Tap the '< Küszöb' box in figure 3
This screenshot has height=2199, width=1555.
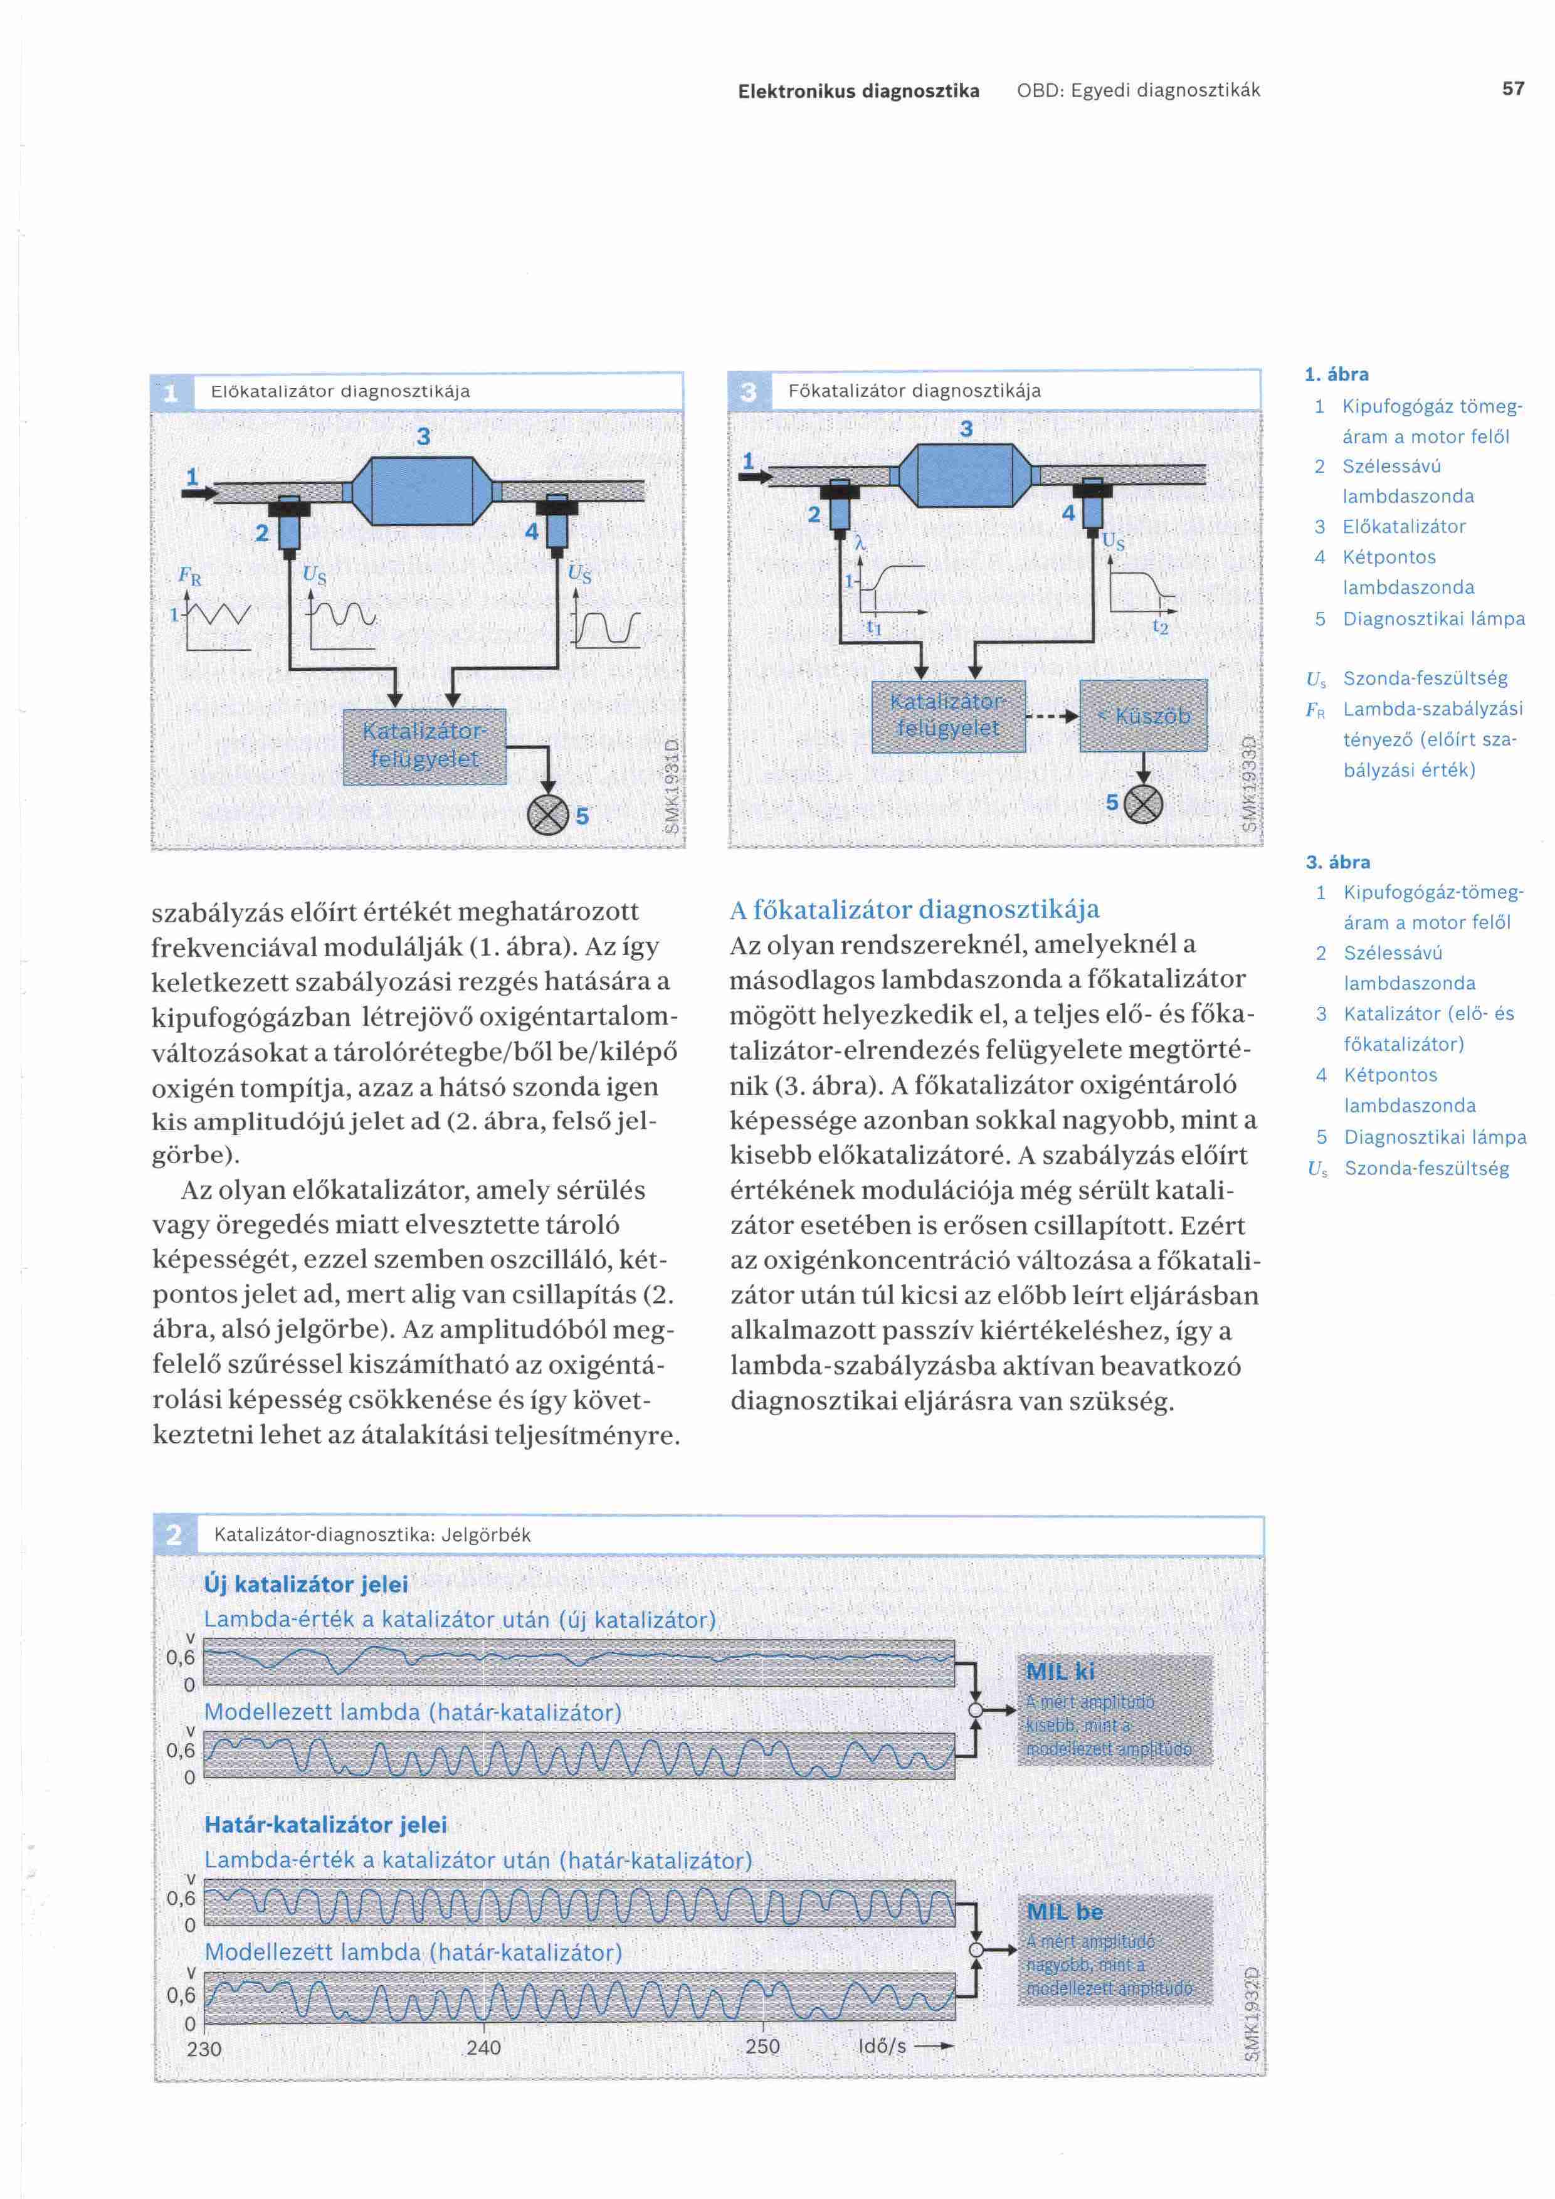tap(1143, 715)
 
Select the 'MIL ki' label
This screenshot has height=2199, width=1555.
tap(1060, 1671)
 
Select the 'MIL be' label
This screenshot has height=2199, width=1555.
tap(1065, 1912)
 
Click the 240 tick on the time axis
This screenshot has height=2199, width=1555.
tap(483, 2047)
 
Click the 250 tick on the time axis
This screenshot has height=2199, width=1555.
tap(762, 2046)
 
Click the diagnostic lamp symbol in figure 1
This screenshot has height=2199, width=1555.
tap(547, 815)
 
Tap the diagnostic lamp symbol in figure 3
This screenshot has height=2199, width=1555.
tap(1142, 804)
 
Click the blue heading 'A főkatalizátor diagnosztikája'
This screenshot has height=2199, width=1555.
tap(914, 909)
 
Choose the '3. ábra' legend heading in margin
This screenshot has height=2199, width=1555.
tap(1337, 862)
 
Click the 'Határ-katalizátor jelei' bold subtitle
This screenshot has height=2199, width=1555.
tap(325, 1825)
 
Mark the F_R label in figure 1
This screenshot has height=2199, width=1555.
tap(189, 577)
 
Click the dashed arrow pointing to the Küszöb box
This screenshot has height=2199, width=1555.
tap(1052, 715)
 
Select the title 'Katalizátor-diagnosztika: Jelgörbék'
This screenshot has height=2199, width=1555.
tap(372, 1534)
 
